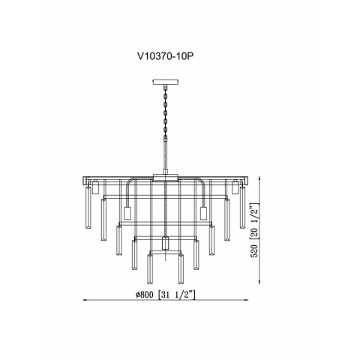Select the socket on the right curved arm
pos(202,214)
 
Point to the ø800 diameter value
pos(142,295)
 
